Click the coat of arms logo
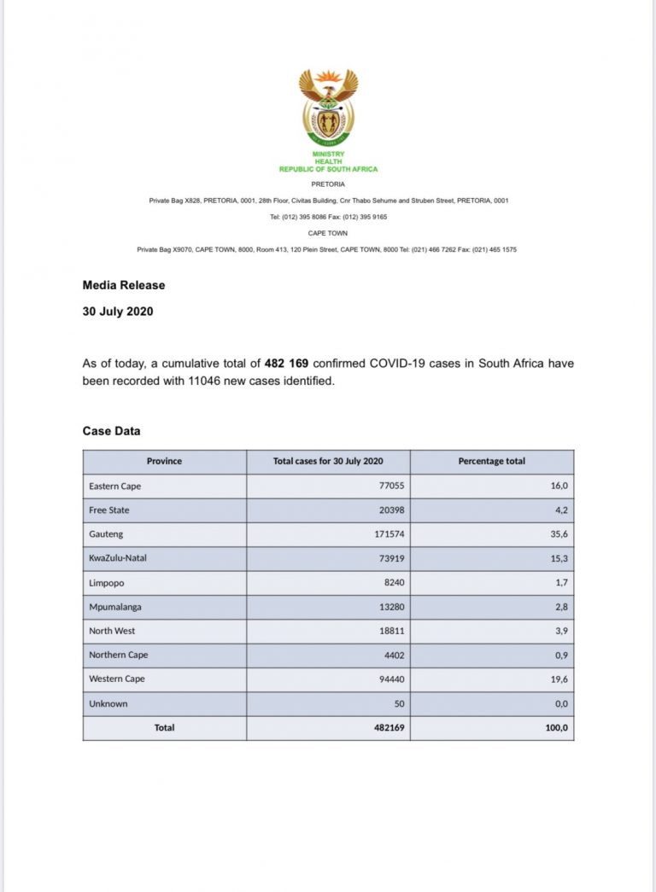pos(328,107)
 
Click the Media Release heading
pos(124,285)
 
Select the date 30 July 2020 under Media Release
pos(118,312)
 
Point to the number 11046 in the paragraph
pos(206,382)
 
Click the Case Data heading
pos(112,431)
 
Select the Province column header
pos(164,461)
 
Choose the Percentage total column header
pos(491,461)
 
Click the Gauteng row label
pos(106,534)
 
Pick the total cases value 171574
pos(387,534)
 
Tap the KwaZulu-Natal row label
pos(119,558)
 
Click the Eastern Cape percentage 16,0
pos(559,486)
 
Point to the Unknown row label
pos(108,703)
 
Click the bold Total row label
pos(164,727)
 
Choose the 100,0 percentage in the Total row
pos(556,727)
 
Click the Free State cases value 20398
pos(389,510)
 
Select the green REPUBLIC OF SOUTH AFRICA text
pos(328,169)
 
